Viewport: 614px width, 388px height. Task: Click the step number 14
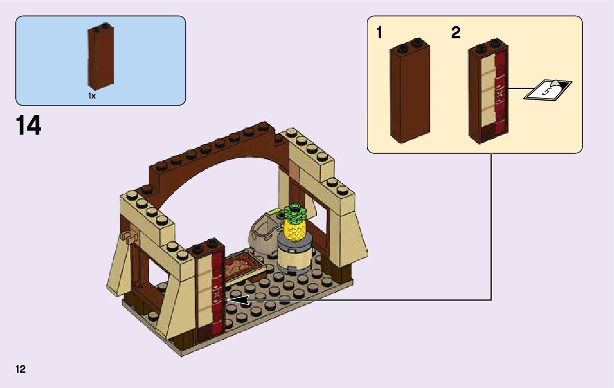pos(28,125)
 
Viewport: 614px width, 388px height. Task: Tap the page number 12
pos(21,369)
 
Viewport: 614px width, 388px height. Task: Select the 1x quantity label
pos(92,96)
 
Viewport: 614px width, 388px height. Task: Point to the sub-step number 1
pos(379,33)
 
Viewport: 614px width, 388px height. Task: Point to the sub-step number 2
pos(456,33)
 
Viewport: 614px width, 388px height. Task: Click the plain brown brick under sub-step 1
pos(410,93)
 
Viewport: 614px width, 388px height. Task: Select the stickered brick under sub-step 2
pos(488,93)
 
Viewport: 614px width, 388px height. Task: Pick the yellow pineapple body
pos(294,229)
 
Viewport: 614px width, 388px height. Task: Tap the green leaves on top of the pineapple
pos(294,210)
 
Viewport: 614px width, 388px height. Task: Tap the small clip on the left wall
pos(130,238)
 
